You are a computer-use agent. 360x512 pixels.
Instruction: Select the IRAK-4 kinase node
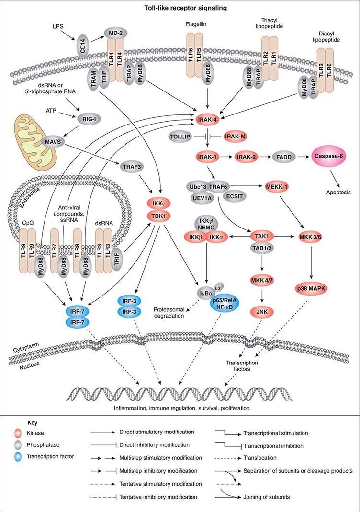coord(208,117)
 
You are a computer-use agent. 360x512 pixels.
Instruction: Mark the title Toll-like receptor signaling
coord(180,8)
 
